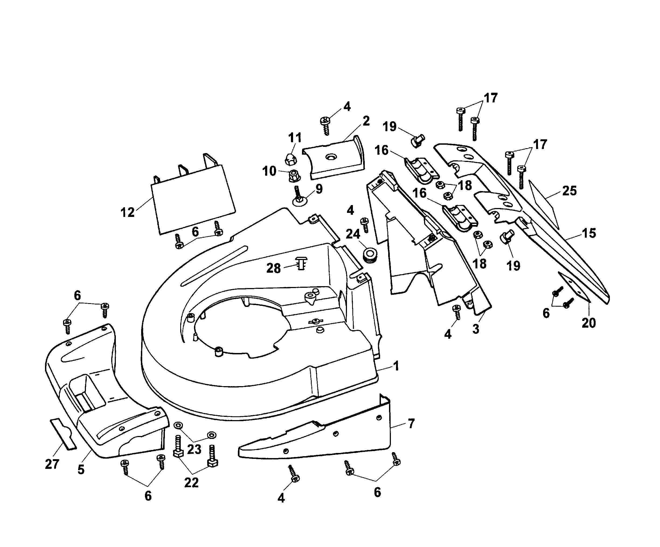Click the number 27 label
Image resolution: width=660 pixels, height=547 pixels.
tap(52, 464)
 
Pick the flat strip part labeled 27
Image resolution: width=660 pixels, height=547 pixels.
tap(64, 434)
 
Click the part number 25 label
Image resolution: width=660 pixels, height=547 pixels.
tap(569, 191)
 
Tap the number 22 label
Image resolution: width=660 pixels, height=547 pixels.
tap(191, 483)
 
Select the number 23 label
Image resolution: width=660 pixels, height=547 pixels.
tap(194, 449)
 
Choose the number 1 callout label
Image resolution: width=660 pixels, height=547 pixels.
tap(396, 366)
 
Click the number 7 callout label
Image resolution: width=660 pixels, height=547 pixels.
tap(411, 424)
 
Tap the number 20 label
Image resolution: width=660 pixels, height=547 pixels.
tap(589, 323)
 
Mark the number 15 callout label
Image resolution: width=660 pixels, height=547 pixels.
tap(589, 233)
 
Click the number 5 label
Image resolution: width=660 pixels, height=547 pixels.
tap(81, 470)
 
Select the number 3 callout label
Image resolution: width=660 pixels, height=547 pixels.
tap(476, 329)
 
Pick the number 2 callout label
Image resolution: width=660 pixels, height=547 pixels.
tap(366, 121)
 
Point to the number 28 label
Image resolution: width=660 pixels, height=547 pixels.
tap(273, 268)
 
